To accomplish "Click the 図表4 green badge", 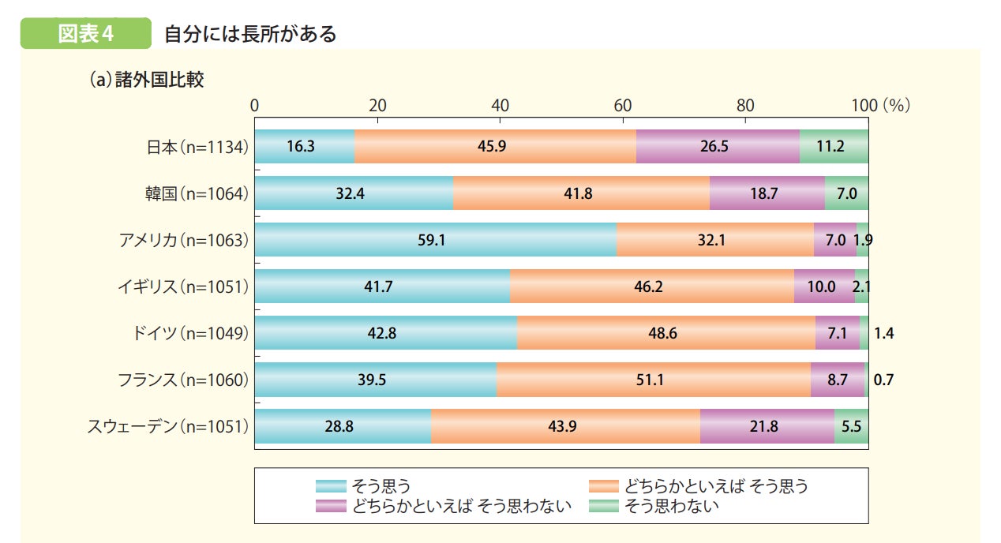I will [x=86, y=34].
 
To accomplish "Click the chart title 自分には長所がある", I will [x=249, y=34].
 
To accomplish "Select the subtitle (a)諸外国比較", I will [x=146, y=80].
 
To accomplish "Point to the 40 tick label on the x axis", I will [x=500, y=105].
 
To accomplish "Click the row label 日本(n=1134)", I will [x=197, y=147].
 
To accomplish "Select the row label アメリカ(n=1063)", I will [x=183, y=240].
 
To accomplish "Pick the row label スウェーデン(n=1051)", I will [x=167, y=426].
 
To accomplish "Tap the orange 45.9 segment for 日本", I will [x=495, y=147].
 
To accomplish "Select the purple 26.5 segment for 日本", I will [x=718, y=147].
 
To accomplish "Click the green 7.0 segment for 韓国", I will [x=846, y=193].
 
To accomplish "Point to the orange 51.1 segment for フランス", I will [x=653, y=380].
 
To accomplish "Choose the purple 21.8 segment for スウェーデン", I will [x=767, y=426].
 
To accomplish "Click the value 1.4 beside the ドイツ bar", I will [x=883, y=333].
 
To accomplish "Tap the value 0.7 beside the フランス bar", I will [x=883, y=380].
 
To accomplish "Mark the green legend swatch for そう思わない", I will [x=604, y=506].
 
